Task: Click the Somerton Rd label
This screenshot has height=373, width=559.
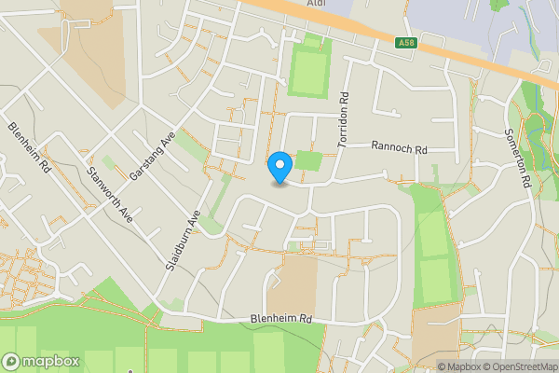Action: (519, 159)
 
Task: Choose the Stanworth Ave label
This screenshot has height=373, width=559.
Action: (109, 194)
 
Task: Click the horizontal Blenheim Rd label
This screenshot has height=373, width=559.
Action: (280, 319)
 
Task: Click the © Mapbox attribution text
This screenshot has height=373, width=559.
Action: (457, 366)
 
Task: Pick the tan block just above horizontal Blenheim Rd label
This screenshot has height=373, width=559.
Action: (297, 281)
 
